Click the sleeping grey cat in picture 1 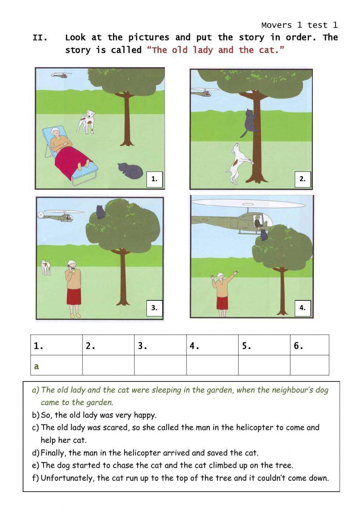tap(130, 170)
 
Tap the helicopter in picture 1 tap(61, 75)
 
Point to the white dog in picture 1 tap(86, 122)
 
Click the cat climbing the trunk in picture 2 tap(249, 123)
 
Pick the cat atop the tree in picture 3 tap(99, 211)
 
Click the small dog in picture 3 tap(45, 267)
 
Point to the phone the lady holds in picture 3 tap(72, 268)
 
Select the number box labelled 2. tap(302, 179)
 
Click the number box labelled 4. tap(302, 308)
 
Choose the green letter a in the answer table tap(36, 367)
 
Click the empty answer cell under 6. tap(310, 365)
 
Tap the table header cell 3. tap(160, 345)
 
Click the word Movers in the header tap(276, 25)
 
